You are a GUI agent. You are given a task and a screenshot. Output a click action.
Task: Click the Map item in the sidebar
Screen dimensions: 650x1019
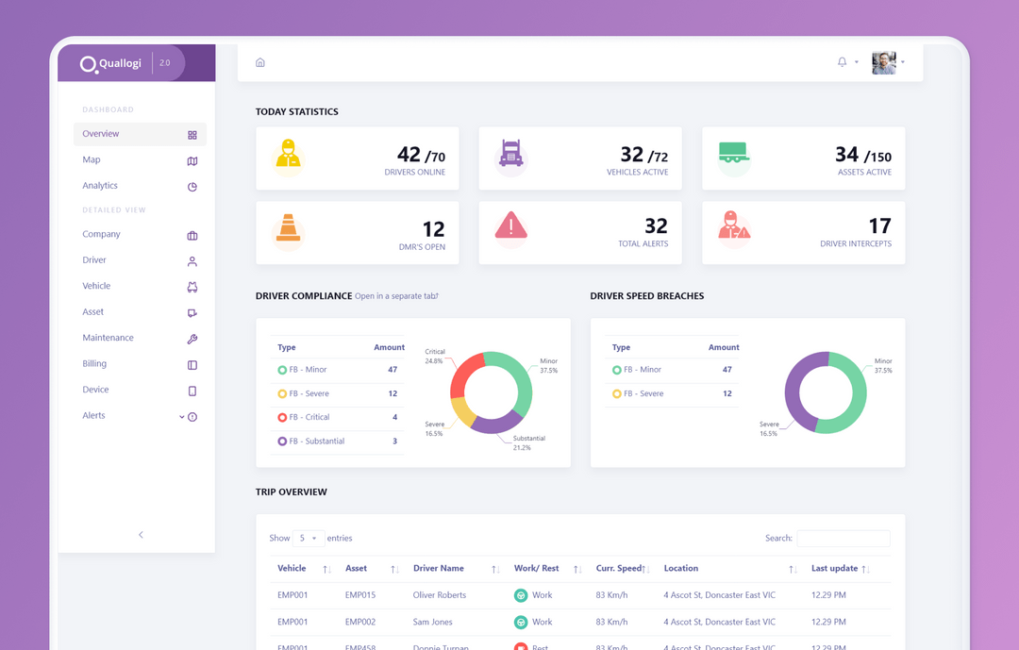pos(92,160)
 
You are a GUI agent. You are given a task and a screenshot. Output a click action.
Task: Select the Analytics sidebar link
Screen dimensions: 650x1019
pos(100,186)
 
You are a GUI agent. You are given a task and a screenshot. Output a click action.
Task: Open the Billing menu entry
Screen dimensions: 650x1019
pos(94,364)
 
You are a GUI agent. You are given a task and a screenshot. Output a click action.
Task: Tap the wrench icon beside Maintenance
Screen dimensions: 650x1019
pos(192,339)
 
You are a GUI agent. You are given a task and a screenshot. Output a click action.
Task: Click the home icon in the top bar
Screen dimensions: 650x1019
pos(260,62)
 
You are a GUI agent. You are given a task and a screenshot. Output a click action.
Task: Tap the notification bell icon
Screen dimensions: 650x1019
pos(842,62)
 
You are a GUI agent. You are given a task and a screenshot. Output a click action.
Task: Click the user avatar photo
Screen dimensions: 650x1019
pos(884,62)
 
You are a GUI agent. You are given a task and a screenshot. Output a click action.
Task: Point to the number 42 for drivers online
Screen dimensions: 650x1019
pos(409,154)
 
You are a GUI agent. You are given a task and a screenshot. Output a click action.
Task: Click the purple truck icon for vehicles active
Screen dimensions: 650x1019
pos(511,154)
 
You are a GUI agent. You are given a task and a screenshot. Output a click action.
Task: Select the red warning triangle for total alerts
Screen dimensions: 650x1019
pos(511,225)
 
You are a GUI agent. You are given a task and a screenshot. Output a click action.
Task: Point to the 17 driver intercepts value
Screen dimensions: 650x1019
pos(879,226)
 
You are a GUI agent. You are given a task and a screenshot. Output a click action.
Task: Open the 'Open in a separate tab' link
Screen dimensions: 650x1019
pos(396,296)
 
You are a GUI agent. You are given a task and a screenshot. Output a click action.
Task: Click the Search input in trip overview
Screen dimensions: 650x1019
pos(843,539)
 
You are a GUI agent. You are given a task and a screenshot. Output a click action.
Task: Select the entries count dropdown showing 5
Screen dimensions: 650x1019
pos(309,539)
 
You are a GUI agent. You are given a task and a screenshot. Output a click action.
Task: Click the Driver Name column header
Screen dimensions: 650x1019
pos(439,569)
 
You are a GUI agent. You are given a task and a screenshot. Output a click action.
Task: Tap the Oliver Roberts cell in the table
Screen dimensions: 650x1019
pos(440,595)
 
